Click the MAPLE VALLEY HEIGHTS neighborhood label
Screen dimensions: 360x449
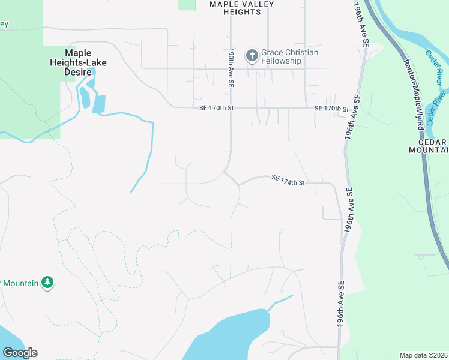tap(241, 8)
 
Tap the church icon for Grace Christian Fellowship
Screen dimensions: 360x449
tap(252, 56)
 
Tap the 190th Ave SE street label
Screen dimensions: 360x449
tap(231, 67)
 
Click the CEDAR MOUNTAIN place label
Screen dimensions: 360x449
tap(428, 146)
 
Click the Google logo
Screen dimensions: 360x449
tap(20, 353)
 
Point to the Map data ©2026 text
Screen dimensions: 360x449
tap(423, 355)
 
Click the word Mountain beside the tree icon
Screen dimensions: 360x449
tap(21, 282)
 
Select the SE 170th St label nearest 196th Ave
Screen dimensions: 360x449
tap(331, 108)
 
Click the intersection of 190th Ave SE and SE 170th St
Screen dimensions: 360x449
tap(231, 108)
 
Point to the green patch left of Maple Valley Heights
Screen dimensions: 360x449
tap(187, 4)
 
